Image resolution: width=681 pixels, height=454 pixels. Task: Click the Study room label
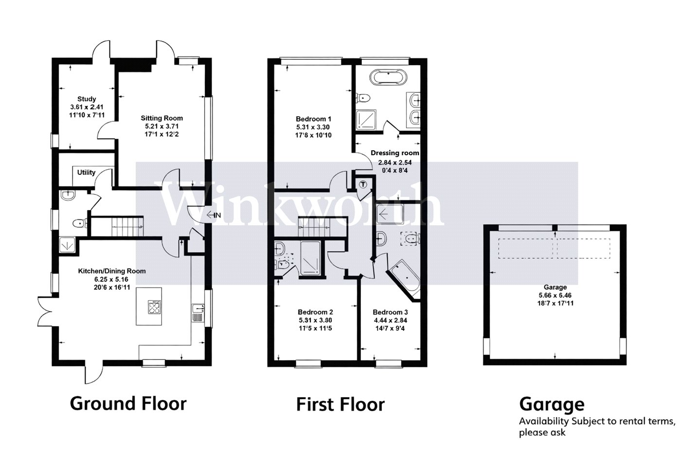[87, 99]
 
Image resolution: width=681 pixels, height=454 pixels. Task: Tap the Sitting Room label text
[161, 118]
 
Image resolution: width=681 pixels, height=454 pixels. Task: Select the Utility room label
[86, 172]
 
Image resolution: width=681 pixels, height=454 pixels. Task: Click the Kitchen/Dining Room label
[112, 271]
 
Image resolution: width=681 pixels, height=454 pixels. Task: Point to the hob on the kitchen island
[154, 307]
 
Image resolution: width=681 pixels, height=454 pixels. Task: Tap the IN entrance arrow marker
[214, 215]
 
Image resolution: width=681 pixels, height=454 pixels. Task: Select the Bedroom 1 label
[313, 119]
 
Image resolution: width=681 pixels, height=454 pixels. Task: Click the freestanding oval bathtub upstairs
[390, 77]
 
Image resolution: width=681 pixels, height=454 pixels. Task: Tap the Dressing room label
[394, 153]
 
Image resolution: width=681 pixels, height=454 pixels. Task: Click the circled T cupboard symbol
[363, 184]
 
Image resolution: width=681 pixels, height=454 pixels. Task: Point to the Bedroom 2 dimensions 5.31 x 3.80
[315, 320]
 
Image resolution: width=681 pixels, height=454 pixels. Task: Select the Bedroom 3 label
[390, 312]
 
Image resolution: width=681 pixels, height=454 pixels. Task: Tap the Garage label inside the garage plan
[555, 287]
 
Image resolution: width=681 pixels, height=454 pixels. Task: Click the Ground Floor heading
[128, 404]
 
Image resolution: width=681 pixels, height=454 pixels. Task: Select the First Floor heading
[340, 404]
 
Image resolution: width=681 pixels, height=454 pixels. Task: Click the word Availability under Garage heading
[544, 421]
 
